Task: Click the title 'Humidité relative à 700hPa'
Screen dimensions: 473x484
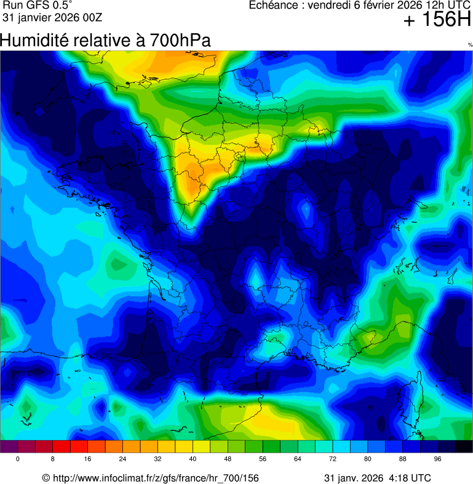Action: coord(106,41)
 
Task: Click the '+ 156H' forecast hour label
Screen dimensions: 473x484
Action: coord(437,21)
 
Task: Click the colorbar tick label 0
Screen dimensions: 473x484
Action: coord(18,459)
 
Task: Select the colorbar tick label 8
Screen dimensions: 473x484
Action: coord(53,459)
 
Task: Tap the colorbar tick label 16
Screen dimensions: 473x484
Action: coord(88,459)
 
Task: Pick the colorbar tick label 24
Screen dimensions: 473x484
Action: coord(123,459)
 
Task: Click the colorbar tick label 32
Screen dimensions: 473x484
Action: coord(158,459)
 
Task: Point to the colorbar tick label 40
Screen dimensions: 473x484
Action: coord(193,459)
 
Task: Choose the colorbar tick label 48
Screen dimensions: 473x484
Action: coord(228,459)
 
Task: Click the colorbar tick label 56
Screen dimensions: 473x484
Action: coord(263,459)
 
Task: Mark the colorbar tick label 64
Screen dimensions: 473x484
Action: coord(298,459)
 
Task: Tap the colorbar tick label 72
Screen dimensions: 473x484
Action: coord(333,459)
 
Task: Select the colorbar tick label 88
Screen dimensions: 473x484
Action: coord(403,459)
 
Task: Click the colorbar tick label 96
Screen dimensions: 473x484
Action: coord(439,459)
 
